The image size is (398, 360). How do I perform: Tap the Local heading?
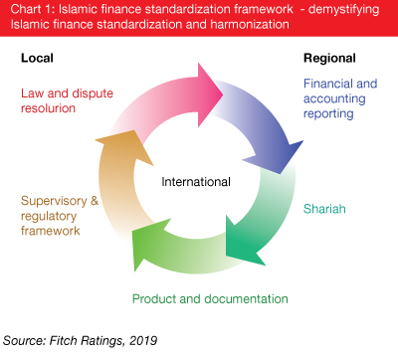click(37, 59)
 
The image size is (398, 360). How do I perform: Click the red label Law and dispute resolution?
click(66, 100)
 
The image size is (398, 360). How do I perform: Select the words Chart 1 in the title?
click(28, 10)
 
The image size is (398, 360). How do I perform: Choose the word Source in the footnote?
click(26, 339)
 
